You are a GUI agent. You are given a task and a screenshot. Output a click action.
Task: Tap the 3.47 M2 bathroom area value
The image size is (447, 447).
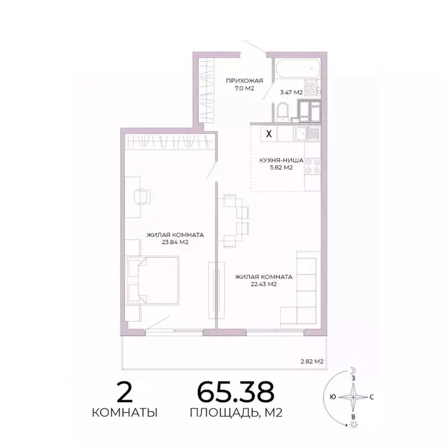click(x=291, y=92)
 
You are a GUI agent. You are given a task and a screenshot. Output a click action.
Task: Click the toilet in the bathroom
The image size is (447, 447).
click(x=281, y=111)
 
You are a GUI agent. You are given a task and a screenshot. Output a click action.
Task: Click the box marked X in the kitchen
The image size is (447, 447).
click(x=268, y=133)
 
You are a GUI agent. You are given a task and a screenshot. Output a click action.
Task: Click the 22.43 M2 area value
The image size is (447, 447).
click(x=264, y=285)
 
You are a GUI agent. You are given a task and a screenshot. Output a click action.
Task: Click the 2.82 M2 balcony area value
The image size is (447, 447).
click(x=311, y=361)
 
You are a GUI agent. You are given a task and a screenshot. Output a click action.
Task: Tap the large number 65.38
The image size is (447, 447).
click(x=235, y=393)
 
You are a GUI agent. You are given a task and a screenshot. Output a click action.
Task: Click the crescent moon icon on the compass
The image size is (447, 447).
click(x=353, y=370)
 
